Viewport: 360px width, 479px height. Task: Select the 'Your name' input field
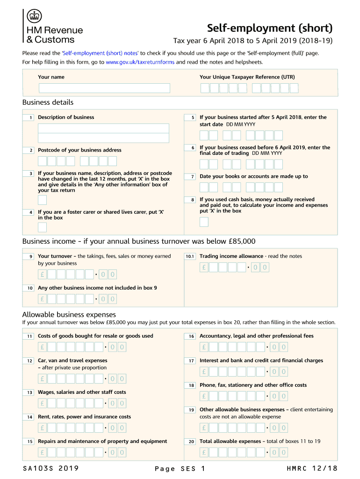pos(104,88)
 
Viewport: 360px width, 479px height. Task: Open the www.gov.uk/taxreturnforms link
pos(140,62)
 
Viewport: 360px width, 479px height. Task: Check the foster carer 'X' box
pos(42,228)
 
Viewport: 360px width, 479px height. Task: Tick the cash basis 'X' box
pos(204,222)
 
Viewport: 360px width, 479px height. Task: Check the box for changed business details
pos(42,200)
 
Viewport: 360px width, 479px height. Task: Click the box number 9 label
pos(30,256)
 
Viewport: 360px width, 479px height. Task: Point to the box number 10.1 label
pos(190,256)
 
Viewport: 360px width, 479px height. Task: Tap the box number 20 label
pos(191,442)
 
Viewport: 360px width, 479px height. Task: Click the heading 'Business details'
pos(48,102)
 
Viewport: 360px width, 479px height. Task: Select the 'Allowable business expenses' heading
pos(69,314)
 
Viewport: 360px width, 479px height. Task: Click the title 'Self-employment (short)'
pos(270,28)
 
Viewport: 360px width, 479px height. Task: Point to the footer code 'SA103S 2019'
pos(50,469)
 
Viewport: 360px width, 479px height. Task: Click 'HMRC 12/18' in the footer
pos(312,469)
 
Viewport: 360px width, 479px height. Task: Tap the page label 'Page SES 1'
pos(180,469)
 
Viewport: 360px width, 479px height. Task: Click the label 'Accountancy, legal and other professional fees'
pos(256,336)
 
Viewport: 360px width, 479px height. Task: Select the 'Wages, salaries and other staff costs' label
pos(82,392)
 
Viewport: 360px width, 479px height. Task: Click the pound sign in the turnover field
pos(42,274)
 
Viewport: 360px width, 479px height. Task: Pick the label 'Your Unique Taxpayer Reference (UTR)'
pos(247,77)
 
